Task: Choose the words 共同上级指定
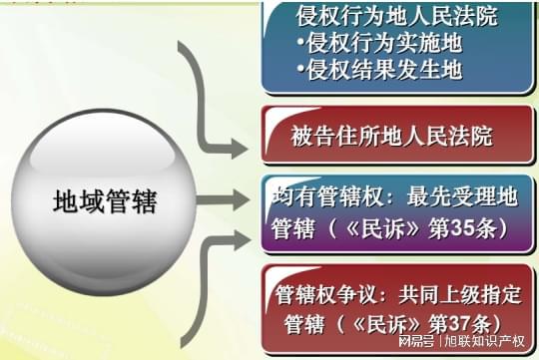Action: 455,294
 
